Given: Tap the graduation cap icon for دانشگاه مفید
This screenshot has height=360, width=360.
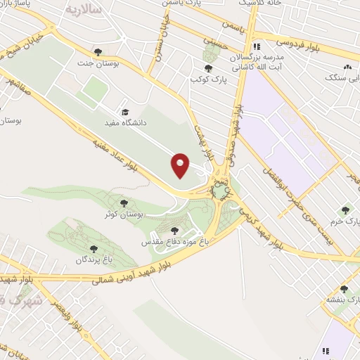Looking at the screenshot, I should click(x=125, y=112).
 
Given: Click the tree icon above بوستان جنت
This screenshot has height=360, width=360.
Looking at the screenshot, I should click(x=98, y=51).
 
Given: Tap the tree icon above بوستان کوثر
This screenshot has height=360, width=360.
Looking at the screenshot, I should click(x=124, y=203).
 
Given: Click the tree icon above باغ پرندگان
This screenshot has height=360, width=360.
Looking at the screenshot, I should click(x=94, y=248).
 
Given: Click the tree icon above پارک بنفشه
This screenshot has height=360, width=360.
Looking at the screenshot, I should click(x=344, y=289).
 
